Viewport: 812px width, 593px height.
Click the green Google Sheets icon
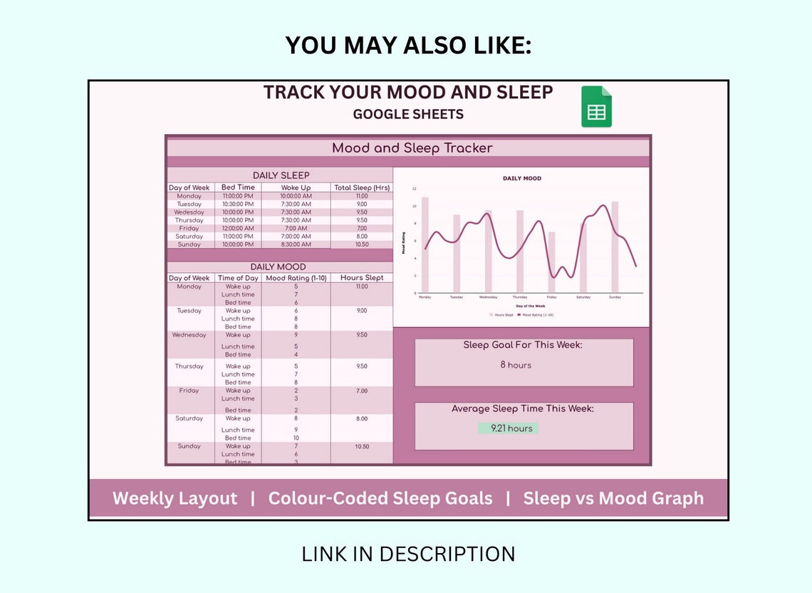tap(596, 107)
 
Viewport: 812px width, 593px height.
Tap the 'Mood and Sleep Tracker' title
tap(412, 148)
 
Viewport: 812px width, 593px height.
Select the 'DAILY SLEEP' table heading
tap(281, 175)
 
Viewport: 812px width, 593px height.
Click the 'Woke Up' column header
tap(296, 187)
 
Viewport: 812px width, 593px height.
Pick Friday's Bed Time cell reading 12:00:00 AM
tap(238, 228)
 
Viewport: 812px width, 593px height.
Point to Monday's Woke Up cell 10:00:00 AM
tap(296, 196)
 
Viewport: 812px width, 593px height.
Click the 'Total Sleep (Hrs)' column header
tap(362, 187)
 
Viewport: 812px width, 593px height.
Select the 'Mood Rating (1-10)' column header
tap(296, 278)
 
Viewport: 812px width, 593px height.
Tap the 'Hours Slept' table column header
tap(362, 278)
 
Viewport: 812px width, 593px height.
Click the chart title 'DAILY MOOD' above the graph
tap(522, 178)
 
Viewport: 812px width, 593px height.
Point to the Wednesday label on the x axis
tap(489, 297)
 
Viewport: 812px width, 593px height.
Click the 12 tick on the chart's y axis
tap(415, 189)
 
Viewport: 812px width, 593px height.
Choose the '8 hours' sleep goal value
tap(516, 365)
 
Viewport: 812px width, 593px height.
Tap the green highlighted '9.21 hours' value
tap(508, 428)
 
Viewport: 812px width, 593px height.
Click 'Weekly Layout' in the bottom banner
tap(175, 498)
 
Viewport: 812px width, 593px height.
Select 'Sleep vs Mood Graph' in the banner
tap(613, 498)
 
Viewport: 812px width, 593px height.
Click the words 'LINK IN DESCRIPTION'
tap(408, 554)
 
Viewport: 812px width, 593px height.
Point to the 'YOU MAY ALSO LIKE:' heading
tap(408, 45)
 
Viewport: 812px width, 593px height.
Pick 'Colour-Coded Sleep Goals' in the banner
tap(380, 498)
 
